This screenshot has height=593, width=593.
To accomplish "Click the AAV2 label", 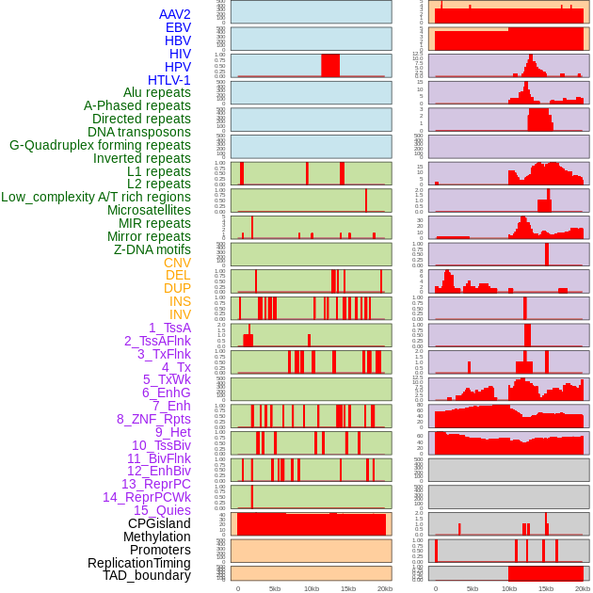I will coord(174,14).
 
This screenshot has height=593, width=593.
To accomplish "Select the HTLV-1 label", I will coord(168,80).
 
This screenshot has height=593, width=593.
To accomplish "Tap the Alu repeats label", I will coord(156,93).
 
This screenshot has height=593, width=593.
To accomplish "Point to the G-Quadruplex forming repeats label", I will coord(100,145).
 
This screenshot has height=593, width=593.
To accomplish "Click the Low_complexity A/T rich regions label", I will coord(96,197).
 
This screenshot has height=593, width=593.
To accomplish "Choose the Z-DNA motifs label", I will coord(152,249).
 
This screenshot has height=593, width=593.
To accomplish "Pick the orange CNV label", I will coord(177,263).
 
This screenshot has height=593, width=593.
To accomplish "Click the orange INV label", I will coord(180,314).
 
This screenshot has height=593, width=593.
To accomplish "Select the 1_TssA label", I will coord(169,328).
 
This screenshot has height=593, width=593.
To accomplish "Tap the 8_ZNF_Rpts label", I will coord(153,419).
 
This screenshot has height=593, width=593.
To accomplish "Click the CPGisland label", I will coord(159,523).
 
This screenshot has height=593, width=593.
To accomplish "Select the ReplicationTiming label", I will coord(139,563).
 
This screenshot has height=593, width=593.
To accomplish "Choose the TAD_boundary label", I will coord(146,575).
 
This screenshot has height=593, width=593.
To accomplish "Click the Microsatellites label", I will coord(149,210).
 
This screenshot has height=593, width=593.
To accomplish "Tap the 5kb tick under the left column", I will coord(275,588).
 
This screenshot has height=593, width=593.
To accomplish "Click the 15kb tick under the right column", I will coord(546,588).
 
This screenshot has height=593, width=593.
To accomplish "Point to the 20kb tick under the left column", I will coord(384,588).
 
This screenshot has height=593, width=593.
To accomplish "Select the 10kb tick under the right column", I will coord(509,588).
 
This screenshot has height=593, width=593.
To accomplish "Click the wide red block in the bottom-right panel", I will coord(546,573).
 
